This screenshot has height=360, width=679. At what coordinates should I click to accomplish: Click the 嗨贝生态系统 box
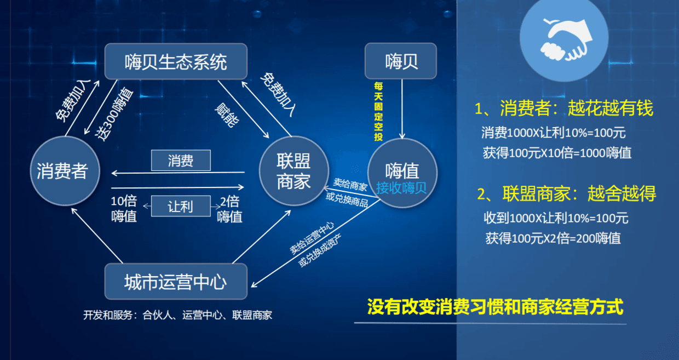[x=176, y=61]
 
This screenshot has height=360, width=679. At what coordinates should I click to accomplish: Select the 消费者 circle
[x=62, y=172]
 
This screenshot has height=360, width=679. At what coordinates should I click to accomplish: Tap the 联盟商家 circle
[x=294, y=172]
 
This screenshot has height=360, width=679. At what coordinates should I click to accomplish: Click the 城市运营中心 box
[x=176, y=282]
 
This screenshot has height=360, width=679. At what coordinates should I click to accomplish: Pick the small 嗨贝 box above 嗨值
[x=401, y=61]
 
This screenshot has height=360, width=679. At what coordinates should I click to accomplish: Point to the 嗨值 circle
[x=402, y=170]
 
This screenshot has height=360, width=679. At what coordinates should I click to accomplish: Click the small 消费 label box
[x=181, y=161]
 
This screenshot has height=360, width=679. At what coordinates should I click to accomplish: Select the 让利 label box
[x=181, y=207]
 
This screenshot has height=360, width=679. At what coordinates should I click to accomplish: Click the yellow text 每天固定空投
[x=378, y=112]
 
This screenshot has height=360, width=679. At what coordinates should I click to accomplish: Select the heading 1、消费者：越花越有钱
[x=564, y=108]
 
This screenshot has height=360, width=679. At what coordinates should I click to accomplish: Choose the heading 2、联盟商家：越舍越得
[x=566, y=193]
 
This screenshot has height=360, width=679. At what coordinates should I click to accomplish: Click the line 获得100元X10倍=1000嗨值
[x=557, y=153]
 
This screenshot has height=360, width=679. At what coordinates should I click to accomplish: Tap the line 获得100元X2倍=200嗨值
[x=553, y=238]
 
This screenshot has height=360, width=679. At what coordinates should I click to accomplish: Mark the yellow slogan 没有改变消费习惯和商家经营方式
[x=495, y=307]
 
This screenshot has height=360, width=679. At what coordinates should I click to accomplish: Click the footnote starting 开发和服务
[x=177, y=315]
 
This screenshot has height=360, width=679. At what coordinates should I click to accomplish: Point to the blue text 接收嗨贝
[x=401, y=188]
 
